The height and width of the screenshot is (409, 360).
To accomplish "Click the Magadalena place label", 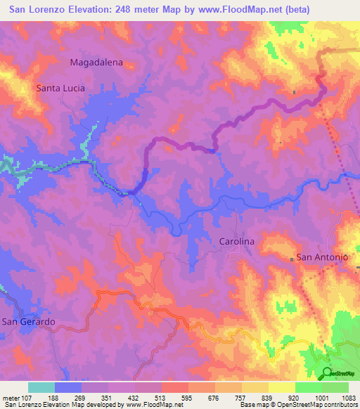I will click(x=96, y=62).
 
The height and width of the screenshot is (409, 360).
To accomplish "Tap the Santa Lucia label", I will click(x=60, y=89).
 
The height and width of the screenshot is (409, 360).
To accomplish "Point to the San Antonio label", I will click(x=323, y=257).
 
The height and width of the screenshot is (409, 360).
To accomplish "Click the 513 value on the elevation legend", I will click(x=161, y=397).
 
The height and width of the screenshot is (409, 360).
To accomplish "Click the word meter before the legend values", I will click(x=11, y=397).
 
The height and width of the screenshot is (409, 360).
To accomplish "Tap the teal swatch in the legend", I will click(x=41, y=387).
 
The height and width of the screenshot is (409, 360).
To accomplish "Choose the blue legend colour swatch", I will click(x=68, y=387).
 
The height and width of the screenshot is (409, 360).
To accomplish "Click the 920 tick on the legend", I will click(x=295, y=397).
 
